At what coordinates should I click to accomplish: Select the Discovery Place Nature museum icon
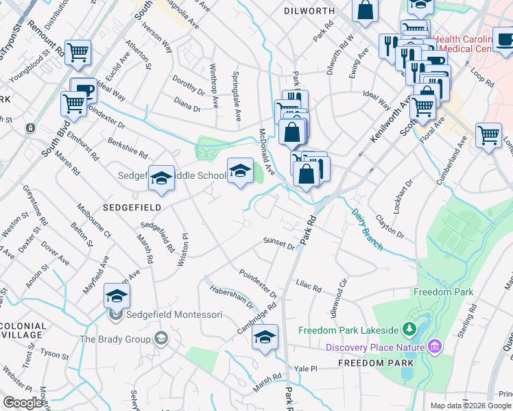pos(433,347)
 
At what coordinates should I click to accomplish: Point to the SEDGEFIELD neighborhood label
pos(133,206)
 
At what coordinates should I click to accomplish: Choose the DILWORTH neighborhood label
pos(309,11)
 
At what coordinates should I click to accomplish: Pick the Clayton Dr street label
pos(390,227)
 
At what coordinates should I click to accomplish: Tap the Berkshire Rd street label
pos(128,147)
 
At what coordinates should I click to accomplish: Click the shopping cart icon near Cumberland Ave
pos(488,134)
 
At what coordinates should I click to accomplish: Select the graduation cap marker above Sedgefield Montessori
pos(117,296)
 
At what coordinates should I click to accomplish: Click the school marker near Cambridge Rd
pos(265,337)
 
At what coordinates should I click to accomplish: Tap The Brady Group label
pos(115,339)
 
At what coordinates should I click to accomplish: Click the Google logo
pos(23,403)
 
